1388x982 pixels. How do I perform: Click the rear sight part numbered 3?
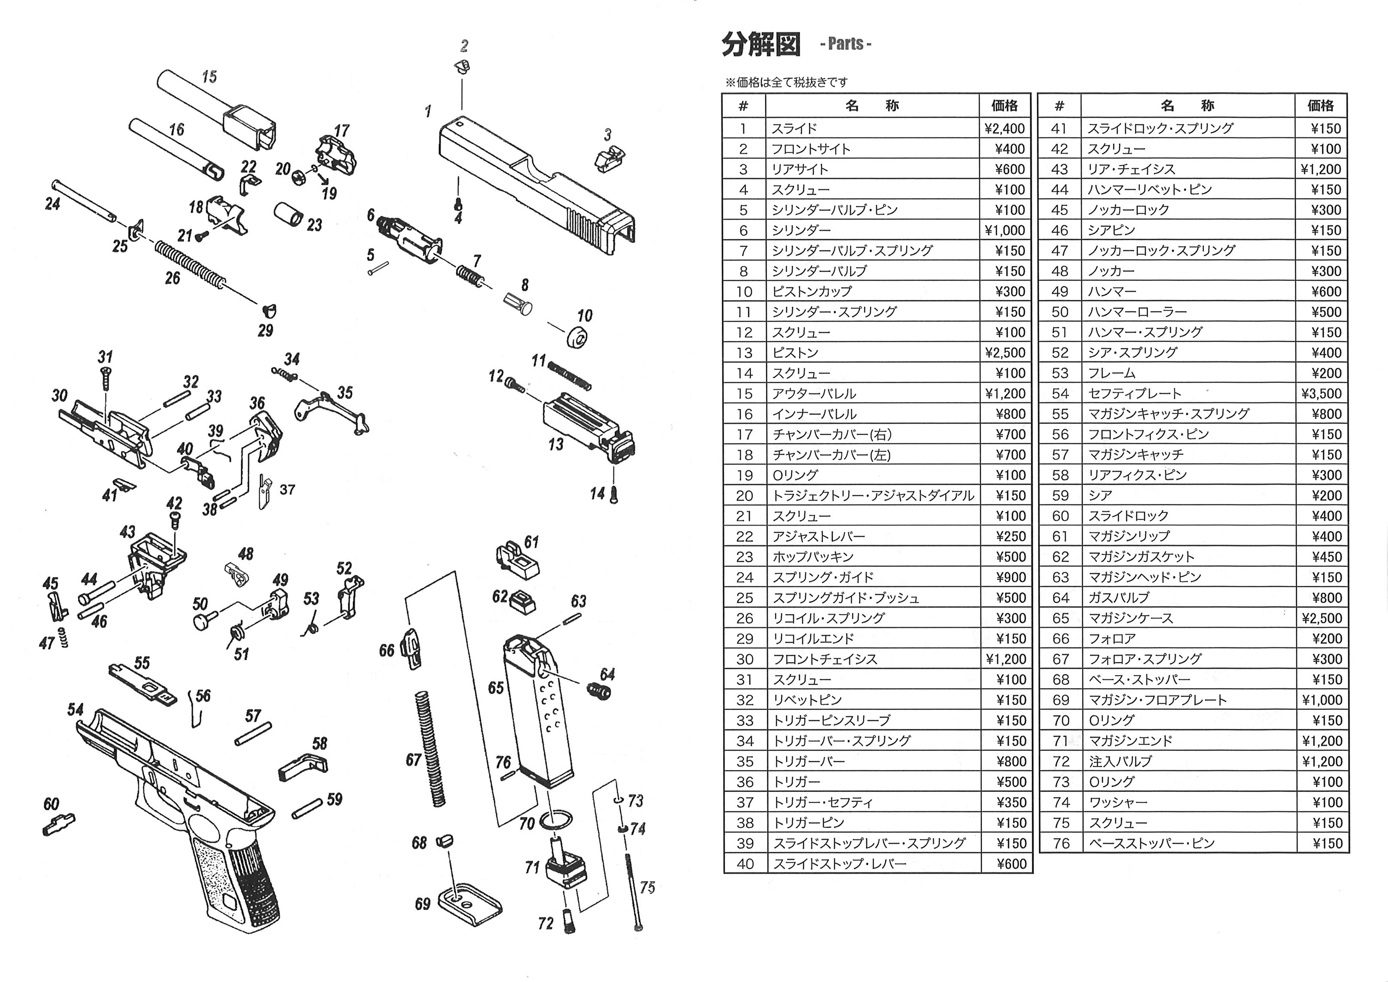click(609, 158)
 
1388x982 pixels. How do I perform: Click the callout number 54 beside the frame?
click(75, 709)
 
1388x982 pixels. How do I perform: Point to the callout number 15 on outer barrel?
click(209, 77)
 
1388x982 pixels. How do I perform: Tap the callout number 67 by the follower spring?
click(414, 760)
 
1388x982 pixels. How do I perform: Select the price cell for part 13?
click(1005, 353)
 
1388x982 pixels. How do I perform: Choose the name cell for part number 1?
click(872, 128)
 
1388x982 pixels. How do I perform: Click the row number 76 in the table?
click(1061, 844)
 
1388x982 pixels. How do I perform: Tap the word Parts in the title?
click(846, 44)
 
